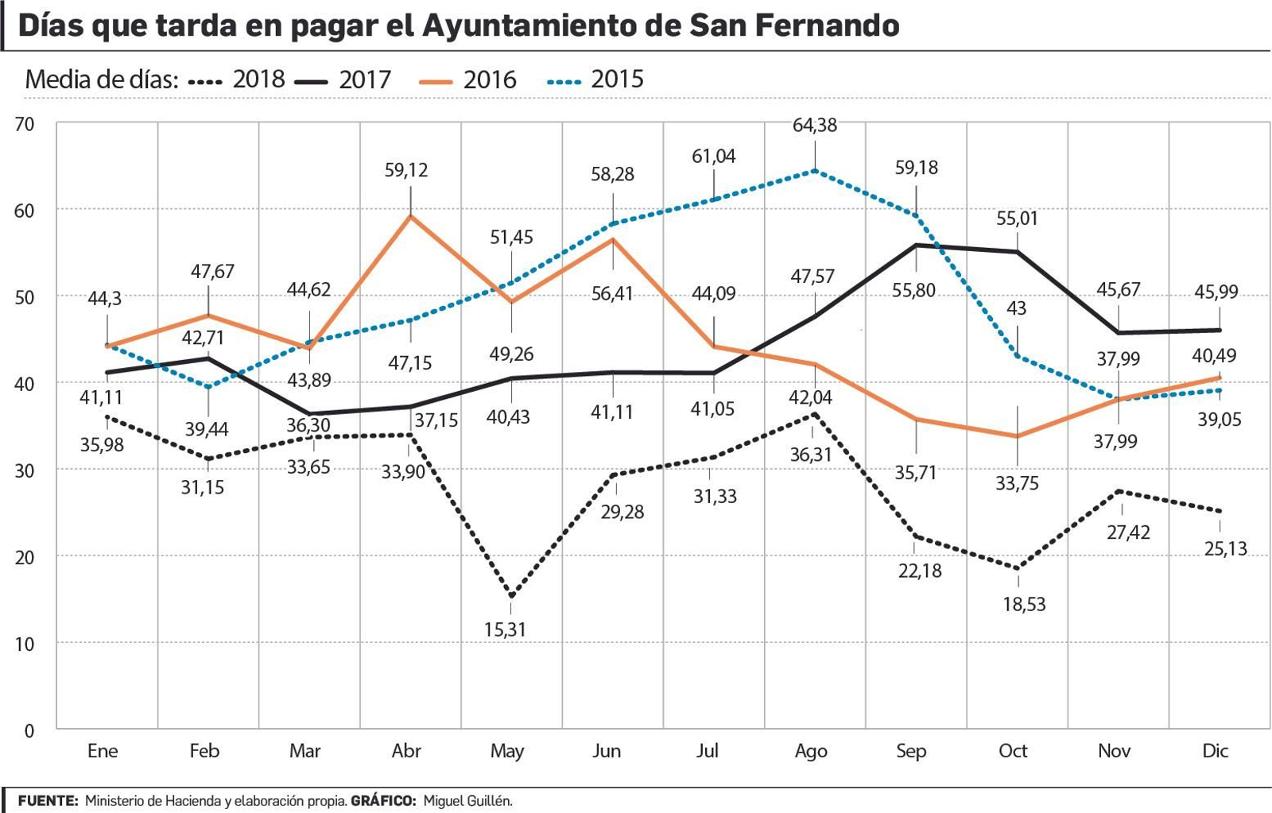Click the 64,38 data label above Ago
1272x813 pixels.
(814, 126)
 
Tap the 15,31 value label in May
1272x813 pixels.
(505, 630)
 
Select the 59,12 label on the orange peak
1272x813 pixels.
(406, 170)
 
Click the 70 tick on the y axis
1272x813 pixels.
(25, 125)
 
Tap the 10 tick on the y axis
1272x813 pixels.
(25, 644)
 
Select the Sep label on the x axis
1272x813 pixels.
(911, 751)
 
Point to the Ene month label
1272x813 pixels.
(103, 751)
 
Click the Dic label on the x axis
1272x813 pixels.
(1215, 751)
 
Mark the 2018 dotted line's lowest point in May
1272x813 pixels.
(511, 596)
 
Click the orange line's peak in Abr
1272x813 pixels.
(410, 215)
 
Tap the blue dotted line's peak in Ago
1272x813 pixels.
(814, 171)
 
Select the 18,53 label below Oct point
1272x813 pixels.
(1024, 605)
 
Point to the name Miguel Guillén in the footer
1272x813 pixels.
(467, 801)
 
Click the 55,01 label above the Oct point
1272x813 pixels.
(1017, 219)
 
